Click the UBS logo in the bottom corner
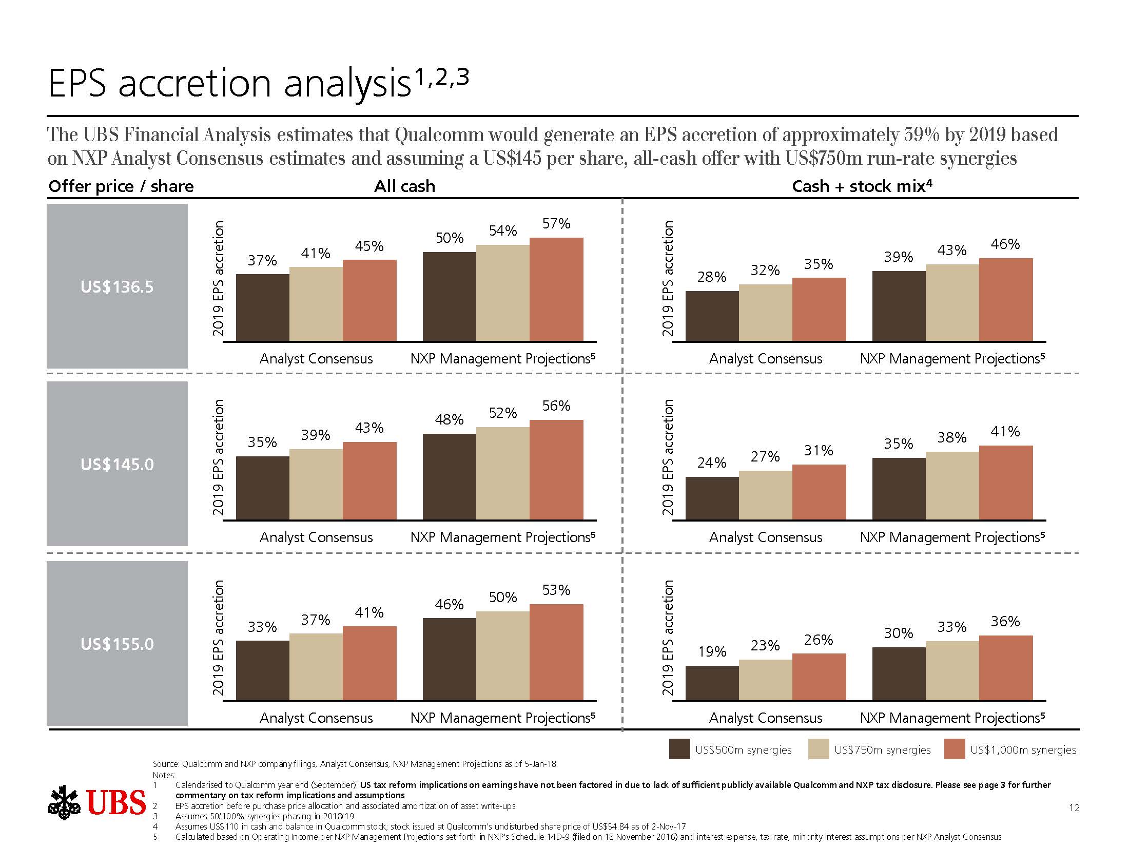pos(98,802)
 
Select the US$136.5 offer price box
pos(117,286)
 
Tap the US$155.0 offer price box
pos(117,643)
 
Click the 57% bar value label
pos(556,224)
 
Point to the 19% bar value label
pos(712,651)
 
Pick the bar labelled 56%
pos(556,470)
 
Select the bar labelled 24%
pos(712,498)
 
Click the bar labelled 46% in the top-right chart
pos(1006,300)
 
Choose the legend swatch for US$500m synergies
pos(679,749)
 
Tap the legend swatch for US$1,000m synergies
pos(955,749)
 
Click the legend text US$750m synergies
pos(882,750)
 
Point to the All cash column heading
pos(404,186)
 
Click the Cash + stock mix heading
pos(861,186)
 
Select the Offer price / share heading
pos(121,186)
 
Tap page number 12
pos(1074,807)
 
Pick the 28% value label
pos(712,277)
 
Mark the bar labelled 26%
pos(819,677)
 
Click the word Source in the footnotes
pos(165,764)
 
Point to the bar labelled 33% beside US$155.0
pos(263,670)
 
